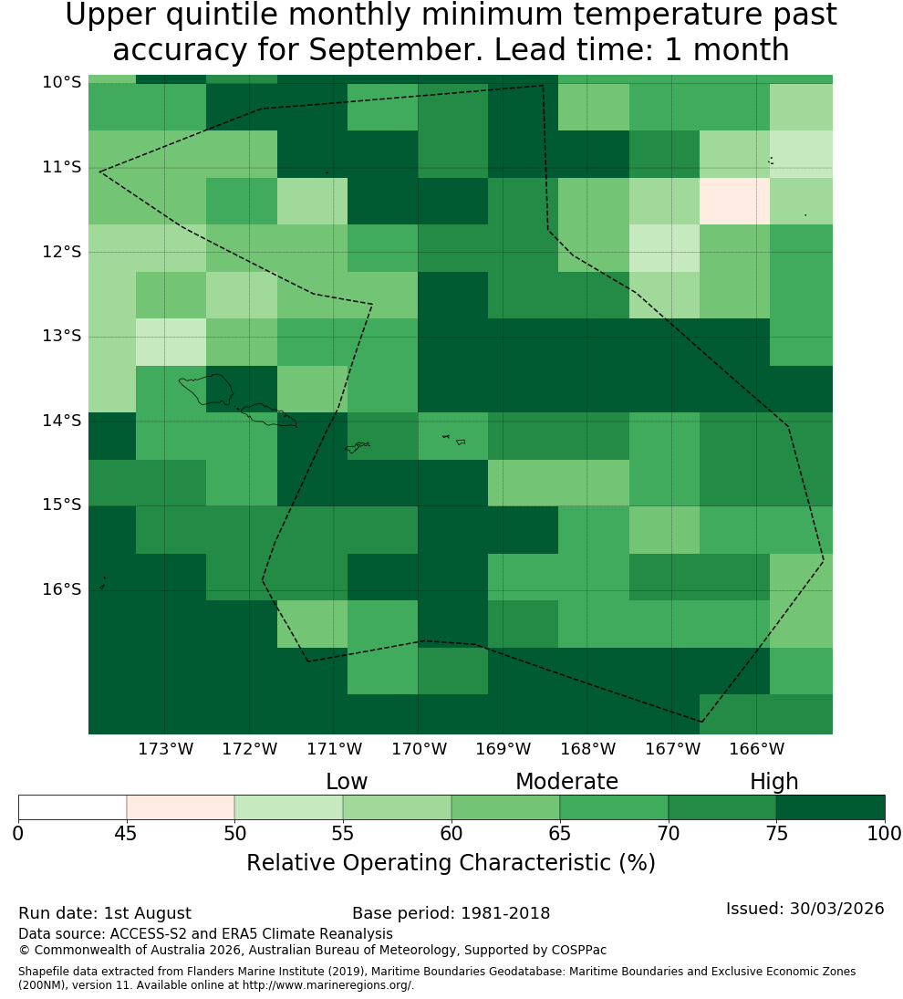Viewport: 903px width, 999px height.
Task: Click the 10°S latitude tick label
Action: click(x=62, y=82)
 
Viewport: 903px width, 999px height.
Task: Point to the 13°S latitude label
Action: click(x=62, y=336)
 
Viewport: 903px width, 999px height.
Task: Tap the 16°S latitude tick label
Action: click(x=62, y=589)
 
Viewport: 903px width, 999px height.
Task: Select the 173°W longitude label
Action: click(x=166, y=749)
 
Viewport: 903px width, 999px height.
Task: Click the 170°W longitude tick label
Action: click(x=419, y=749)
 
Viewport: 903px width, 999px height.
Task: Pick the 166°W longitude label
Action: click(x=756, y=749)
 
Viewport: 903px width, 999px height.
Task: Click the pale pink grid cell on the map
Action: click(x=734, y=201)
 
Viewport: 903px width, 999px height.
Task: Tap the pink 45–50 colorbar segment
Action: click(x=181, y=807)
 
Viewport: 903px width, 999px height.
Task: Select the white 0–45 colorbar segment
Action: click(x=73, y=807)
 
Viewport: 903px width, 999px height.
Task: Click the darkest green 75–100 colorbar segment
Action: click(x=830, y=807)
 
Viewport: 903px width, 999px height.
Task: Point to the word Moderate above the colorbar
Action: click(x=566, y=781)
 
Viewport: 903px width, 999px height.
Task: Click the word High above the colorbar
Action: click(x=773, y=781)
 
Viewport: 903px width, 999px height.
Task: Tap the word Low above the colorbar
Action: click(x=347, y=781)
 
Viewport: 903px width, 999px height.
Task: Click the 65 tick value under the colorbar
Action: click(x=560, y=833)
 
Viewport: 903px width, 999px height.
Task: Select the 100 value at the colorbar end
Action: click(x=885, y=833)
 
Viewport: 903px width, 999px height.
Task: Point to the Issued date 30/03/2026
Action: click(x=836, y=909)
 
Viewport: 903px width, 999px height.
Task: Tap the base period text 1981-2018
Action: click(x=505, y=913)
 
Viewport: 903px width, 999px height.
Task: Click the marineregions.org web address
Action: click(x=327, y=985)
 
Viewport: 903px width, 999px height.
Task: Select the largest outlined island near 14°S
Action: click(x=206, y=390)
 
